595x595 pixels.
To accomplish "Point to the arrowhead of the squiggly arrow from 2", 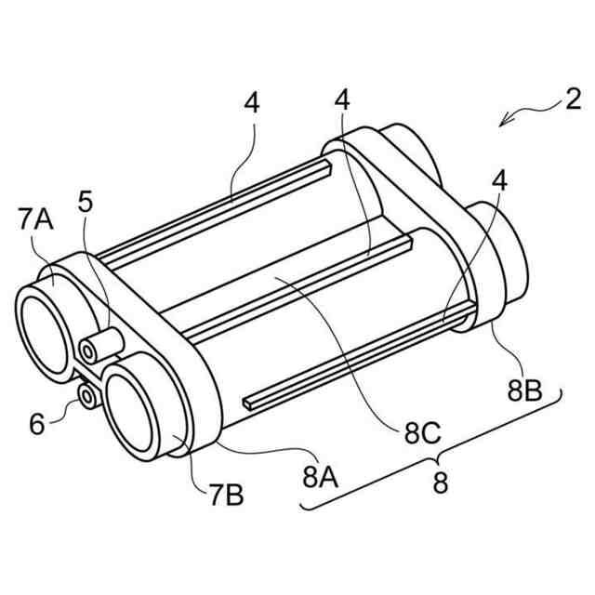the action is pos(502,125).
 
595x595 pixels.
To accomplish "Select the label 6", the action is pos(37,424).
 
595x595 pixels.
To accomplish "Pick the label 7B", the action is pos(225,496).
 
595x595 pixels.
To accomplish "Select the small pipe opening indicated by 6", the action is pos(87,395).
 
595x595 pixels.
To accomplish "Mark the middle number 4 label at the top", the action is pos(343,99).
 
